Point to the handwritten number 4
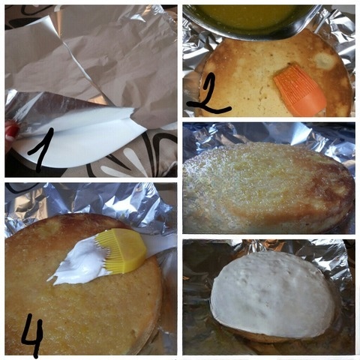[x=32, y=336]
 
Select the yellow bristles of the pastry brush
[x=124, y=252]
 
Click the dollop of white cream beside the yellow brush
[x=82, y=265]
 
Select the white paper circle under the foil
[x=82, y=142]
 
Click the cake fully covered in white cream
[x=274, y=292]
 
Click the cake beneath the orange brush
[x=247, y=75]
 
